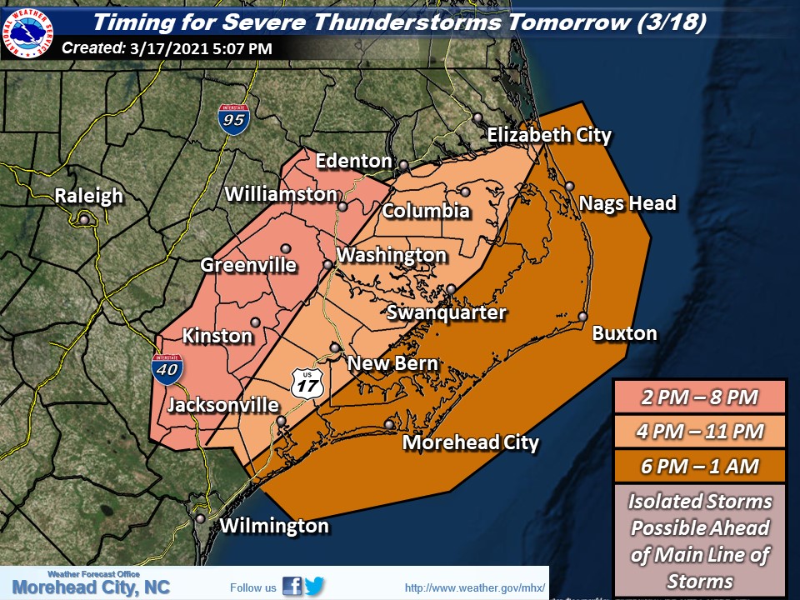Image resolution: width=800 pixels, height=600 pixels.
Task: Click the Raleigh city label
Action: click(x=88, y=197)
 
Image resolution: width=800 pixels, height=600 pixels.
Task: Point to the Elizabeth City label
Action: click(x=548, y=135)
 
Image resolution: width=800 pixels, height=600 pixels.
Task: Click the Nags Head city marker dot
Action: click(x=569, y=186)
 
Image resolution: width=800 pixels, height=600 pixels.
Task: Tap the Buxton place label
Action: click(x=624, y=333)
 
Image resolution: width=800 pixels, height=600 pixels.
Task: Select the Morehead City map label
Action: click(x=470, y=442)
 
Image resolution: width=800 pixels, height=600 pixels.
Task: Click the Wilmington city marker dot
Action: click(x=200, y=517)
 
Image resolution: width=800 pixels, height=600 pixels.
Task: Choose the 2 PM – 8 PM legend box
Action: click(x=699, y=397)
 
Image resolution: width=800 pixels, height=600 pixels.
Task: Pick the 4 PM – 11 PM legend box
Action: click(x=699, y=431)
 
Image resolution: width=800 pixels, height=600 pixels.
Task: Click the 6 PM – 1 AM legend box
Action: click(x=699, y=466)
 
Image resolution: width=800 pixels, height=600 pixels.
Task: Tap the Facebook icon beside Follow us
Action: click(x=292, y=587)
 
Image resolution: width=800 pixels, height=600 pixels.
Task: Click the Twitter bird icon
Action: click(x=314, y=587)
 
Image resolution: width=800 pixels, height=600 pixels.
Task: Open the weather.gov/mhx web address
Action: click(x=474, y=588)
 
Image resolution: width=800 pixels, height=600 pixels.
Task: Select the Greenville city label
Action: click(x=248, y=266)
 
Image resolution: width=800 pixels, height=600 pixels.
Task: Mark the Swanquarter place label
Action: click(x=447, y=312)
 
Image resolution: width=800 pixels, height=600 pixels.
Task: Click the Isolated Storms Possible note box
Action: click(x=699, y=540)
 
